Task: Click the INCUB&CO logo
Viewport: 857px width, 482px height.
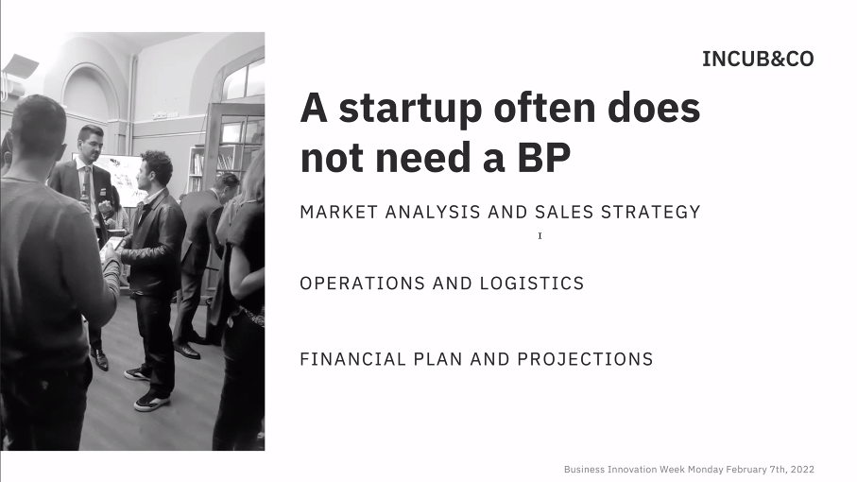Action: [x=758, y=59]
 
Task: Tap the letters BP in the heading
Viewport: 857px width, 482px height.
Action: [x=544, y=158]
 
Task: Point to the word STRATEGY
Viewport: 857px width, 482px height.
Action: [x=650, y=212]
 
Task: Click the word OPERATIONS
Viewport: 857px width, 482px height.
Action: [x=363, y=284]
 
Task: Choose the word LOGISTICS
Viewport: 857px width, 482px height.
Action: [x=532, y=284]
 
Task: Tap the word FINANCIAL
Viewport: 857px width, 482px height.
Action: [x=353, y=359]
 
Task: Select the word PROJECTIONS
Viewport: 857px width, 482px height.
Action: [x=586, y=359]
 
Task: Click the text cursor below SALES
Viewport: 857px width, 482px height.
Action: [x=540, y=235]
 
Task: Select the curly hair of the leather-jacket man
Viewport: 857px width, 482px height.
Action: [x=157, y=163]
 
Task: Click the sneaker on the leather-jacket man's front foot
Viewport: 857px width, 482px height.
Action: [x=151, y=402]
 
